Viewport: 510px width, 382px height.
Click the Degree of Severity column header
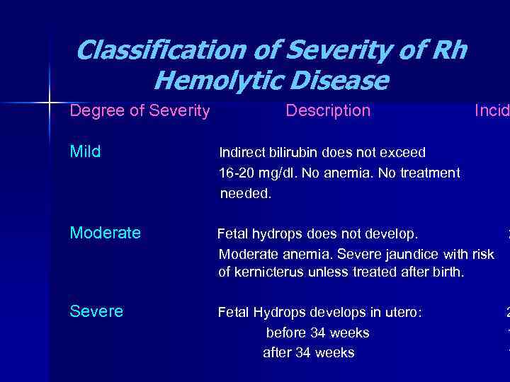pos(140,111)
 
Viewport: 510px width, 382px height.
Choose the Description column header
pos(327,111)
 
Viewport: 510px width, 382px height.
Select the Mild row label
pos(85,152)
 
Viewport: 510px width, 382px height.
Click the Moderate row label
pos(105,233)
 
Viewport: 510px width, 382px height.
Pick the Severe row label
pos(96,311)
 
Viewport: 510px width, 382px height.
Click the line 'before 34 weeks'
pos(317,332)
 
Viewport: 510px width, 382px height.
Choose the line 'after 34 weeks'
pos(308,352)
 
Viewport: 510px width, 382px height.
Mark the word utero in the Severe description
pos(402,313)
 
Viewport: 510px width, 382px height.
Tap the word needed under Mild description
pos(245,193)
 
